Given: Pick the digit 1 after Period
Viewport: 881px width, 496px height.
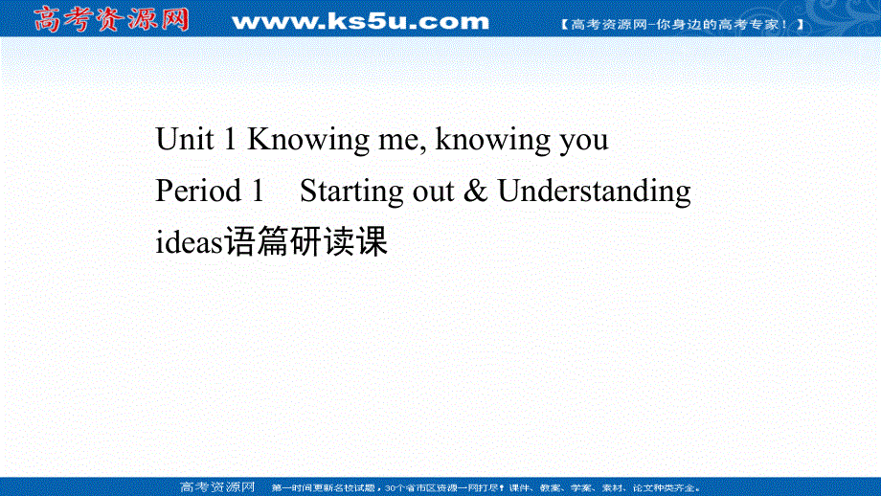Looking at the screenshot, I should [x=256, y=192].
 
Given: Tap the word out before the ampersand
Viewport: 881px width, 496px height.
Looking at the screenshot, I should [x=435, y=192].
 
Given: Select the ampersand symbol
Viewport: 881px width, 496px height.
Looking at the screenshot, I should [x=476, y=192].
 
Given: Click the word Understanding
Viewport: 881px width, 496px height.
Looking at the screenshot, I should [x=594, y=192].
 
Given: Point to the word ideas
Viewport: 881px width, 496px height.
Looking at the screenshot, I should [x=189, y=242].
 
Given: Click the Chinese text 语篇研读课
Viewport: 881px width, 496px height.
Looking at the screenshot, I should [x=305, y=242].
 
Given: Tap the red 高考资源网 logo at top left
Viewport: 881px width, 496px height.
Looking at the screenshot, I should [x=110, y=19].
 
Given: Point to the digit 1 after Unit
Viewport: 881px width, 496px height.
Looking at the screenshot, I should [x=229, y=140].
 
